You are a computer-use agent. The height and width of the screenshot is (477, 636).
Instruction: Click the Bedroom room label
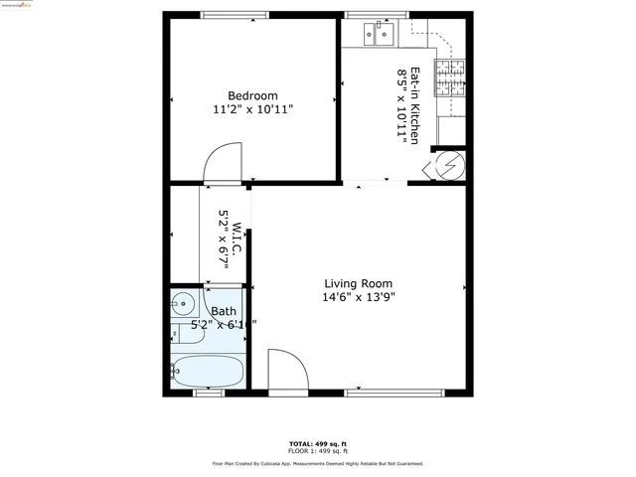pos(251,95)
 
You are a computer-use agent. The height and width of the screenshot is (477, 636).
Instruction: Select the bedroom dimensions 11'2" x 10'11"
pos(252,109)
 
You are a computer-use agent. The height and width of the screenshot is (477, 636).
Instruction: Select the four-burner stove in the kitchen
pos(452,79)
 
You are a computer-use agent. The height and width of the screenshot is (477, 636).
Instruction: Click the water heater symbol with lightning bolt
pos(447,164)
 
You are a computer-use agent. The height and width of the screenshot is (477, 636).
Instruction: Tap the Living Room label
pos(358,282)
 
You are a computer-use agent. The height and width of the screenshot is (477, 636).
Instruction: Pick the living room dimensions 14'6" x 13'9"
pos(359,296)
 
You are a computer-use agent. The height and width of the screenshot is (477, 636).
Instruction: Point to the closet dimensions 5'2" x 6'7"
pos(225,239)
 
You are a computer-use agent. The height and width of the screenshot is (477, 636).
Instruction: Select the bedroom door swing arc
pos(223,162)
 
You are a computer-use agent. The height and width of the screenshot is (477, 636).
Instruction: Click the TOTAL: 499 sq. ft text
pos(318,443)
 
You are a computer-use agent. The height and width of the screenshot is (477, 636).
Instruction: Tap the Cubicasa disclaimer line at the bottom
pos(318,464)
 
